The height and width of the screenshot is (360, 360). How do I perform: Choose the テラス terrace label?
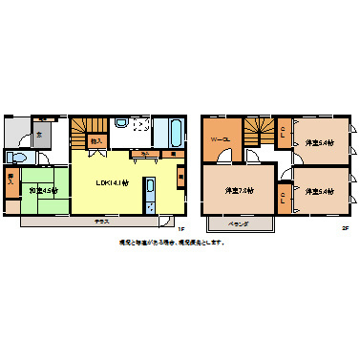(x=100, y=221)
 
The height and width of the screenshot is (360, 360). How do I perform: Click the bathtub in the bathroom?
(x=178, y=132)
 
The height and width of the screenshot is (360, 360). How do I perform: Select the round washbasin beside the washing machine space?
(x=121, y=123)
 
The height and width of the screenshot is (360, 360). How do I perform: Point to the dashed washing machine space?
(x=141, y=126)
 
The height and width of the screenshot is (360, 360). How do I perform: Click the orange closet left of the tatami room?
(x=11, y=181)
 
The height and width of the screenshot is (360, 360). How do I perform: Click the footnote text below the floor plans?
(x=172, y=242)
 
